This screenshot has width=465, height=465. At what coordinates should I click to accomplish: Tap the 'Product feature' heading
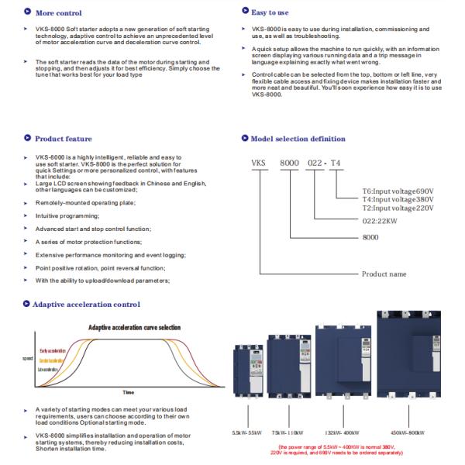point(64,139)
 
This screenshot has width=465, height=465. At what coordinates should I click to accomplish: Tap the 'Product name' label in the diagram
point(384,274)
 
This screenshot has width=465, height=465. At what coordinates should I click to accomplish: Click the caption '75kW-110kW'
point(288,432)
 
